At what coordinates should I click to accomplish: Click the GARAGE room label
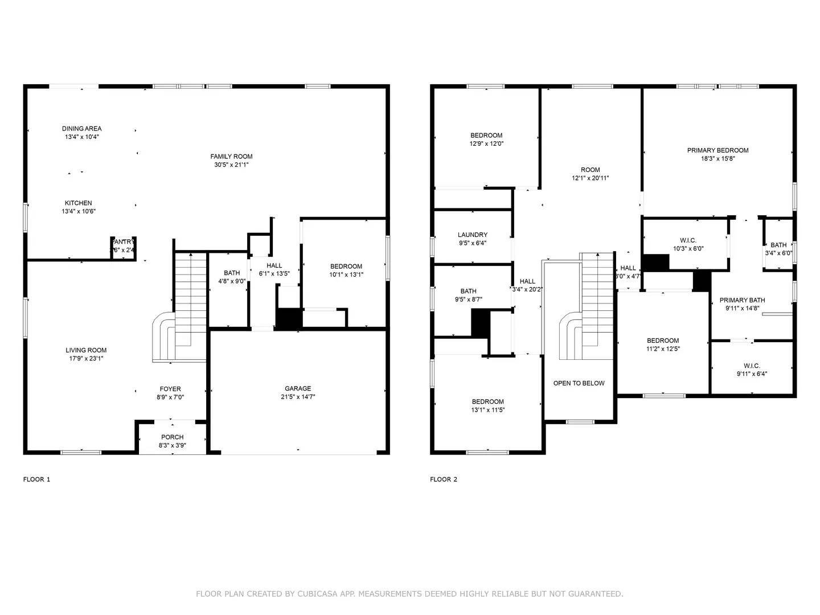[x=298, y=388]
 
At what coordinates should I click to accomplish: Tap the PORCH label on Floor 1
[x=172, y=437]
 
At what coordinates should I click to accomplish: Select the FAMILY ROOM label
[x=231, y=157]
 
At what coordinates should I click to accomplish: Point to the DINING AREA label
[x=82, y=129]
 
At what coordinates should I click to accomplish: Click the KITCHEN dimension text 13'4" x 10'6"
[x=79, y=211]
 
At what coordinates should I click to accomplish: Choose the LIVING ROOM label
[x=86, y=350]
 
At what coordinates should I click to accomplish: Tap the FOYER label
[x=171, y=389]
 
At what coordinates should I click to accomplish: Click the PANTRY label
[x=123, y=241]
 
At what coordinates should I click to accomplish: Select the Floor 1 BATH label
[x=232, y=273]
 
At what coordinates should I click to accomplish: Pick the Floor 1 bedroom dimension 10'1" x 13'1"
[x=346, y=274]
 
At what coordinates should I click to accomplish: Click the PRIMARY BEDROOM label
[x=717, y=150]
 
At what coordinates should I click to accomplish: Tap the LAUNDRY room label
[x=473, y=235]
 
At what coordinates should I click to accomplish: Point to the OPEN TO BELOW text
[x=579, y=383]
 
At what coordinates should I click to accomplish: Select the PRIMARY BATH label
[x=742, y=300]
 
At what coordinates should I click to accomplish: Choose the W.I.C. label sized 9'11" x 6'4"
[x=752, y=366]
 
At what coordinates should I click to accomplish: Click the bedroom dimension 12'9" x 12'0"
[x=486, y=143]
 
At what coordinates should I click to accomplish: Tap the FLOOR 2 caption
[x=444, y=479]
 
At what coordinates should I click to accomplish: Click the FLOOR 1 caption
[x=36, y=479]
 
